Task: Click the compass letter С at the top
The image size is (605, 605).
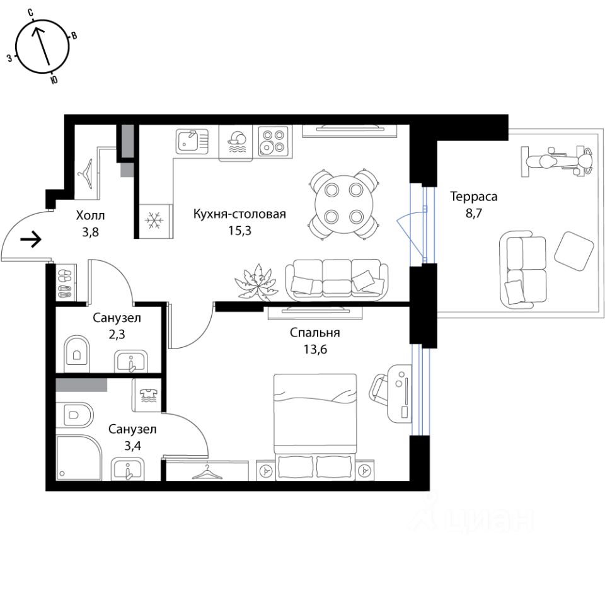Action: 31,13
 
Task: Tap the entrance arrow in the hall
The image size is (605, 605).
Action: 30,239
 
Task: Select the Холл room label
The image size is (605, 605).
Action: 90,216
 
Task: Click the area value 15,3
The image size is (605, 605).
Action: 239,231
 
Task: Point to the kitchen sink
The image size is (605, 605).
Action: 192,140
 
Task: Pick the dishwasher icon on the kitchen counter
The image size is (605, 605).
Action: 236,142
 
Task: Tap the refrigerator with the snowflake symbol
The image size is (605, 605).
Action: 154,221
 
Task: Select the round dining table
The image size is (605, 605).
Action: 344,204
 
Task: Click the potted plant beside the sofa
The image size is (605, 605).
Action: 256,282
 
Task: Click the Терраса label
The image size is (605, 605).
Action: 474,197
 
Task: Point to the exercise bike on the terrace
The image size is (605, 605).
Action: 556,161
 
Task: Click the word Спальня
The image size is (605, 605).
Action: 315,333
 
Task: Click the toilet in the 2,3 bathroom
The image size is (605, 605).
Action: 76,350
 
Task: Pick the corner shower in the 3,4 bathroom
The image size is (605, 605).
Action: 79,458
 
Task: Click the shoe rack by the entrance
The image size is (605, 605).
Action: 65,283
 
